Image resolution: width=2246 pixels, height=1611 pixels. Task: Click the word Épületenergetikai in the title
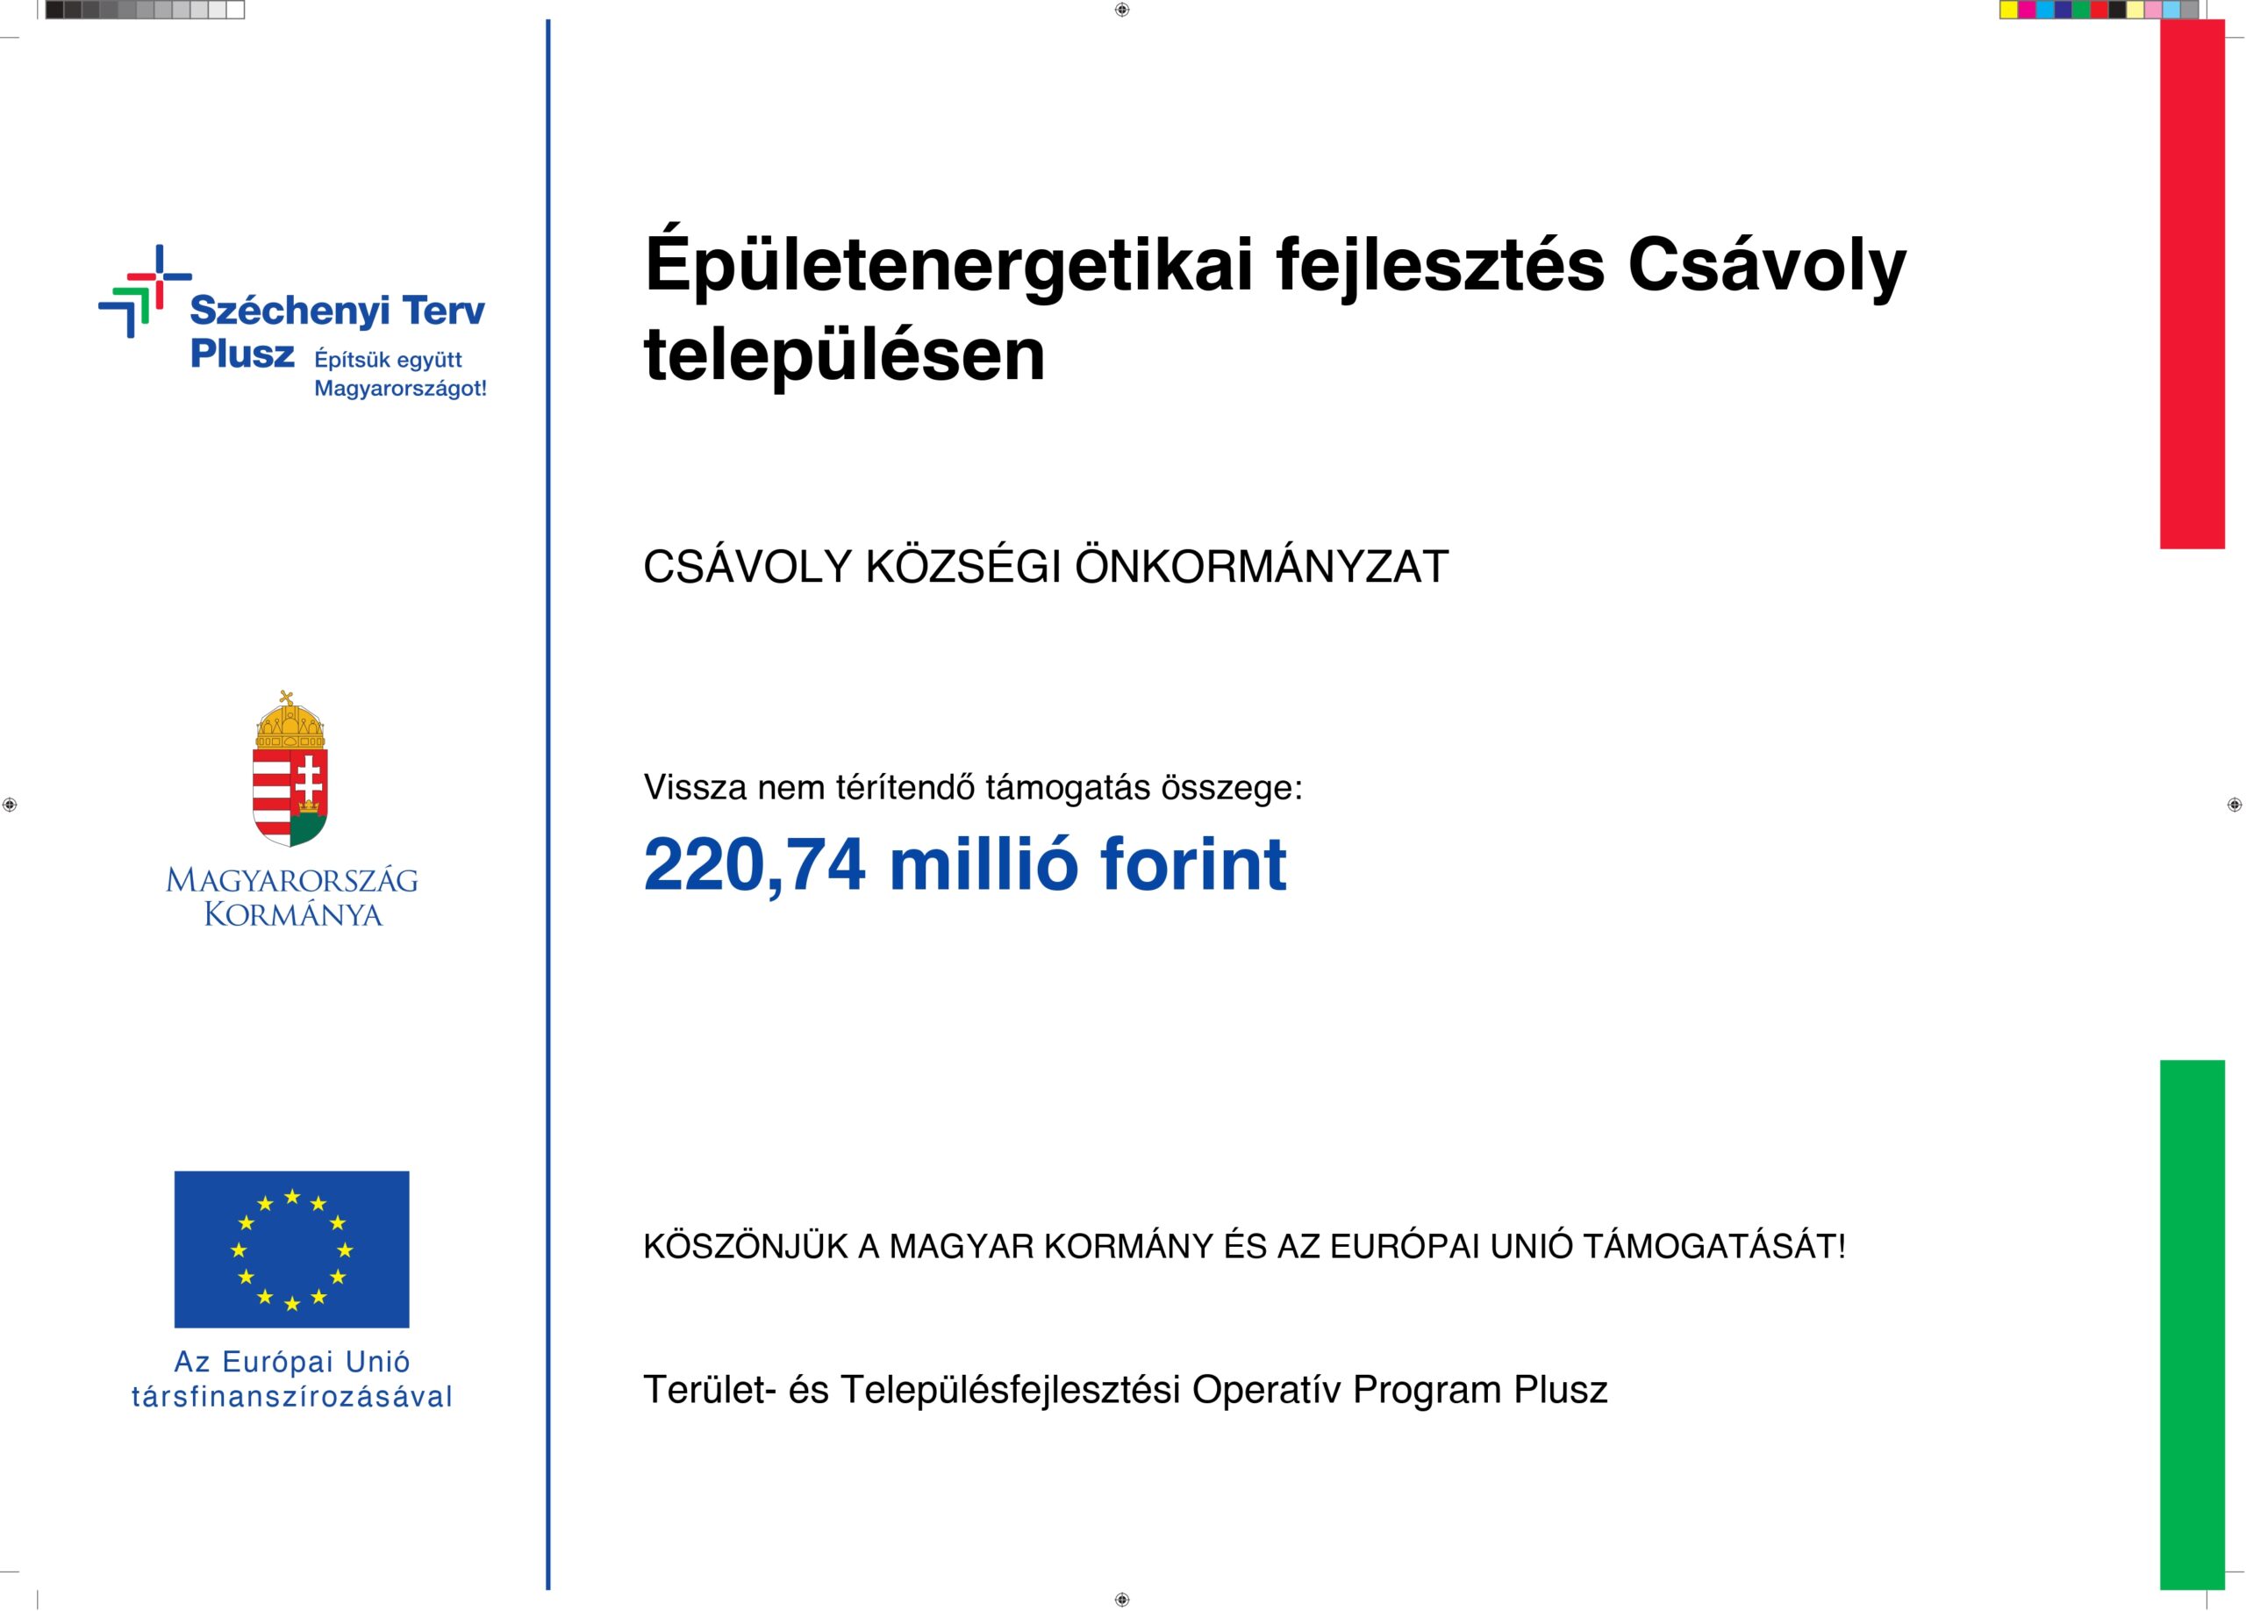pos(948,265)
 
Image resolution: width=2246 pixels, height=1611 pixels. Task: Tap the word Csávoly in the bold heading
pos(1766,265)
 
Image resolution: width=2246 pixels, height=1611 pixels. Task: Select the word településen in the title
pos(844,354)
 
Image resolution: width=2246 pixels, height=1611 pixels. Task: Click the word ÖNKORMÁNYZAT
pos(1262,568)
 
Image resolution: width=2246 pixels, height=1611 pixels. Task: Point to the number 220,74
pos(755,864)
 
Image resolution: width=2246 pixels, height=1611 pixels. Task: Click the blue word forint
pos(1192,864)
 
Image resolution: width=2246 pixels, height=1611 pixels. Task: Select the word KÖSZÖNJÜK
pos(746,1247)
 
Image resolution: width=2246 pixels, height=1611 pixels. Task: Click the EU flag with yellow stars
pos(291,1249)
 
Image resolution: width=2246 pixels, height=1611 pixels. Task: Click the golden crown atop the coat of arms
pos(290,723)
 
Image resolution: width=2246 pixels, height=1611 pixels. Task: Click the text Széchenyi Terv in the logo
pos(337,311)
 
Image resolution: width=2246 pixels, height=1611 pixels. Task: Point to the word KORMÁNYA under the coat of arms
pos(292,914)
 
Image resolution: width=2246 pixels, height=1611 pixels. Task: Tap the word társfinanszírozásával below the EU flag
pos(291,1397)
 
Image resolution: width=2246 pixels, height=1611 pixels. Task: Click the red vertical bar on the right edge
pos(2192,284)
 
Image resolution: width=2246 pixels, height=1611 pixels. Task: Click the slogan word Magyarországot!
pos(400,389)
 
